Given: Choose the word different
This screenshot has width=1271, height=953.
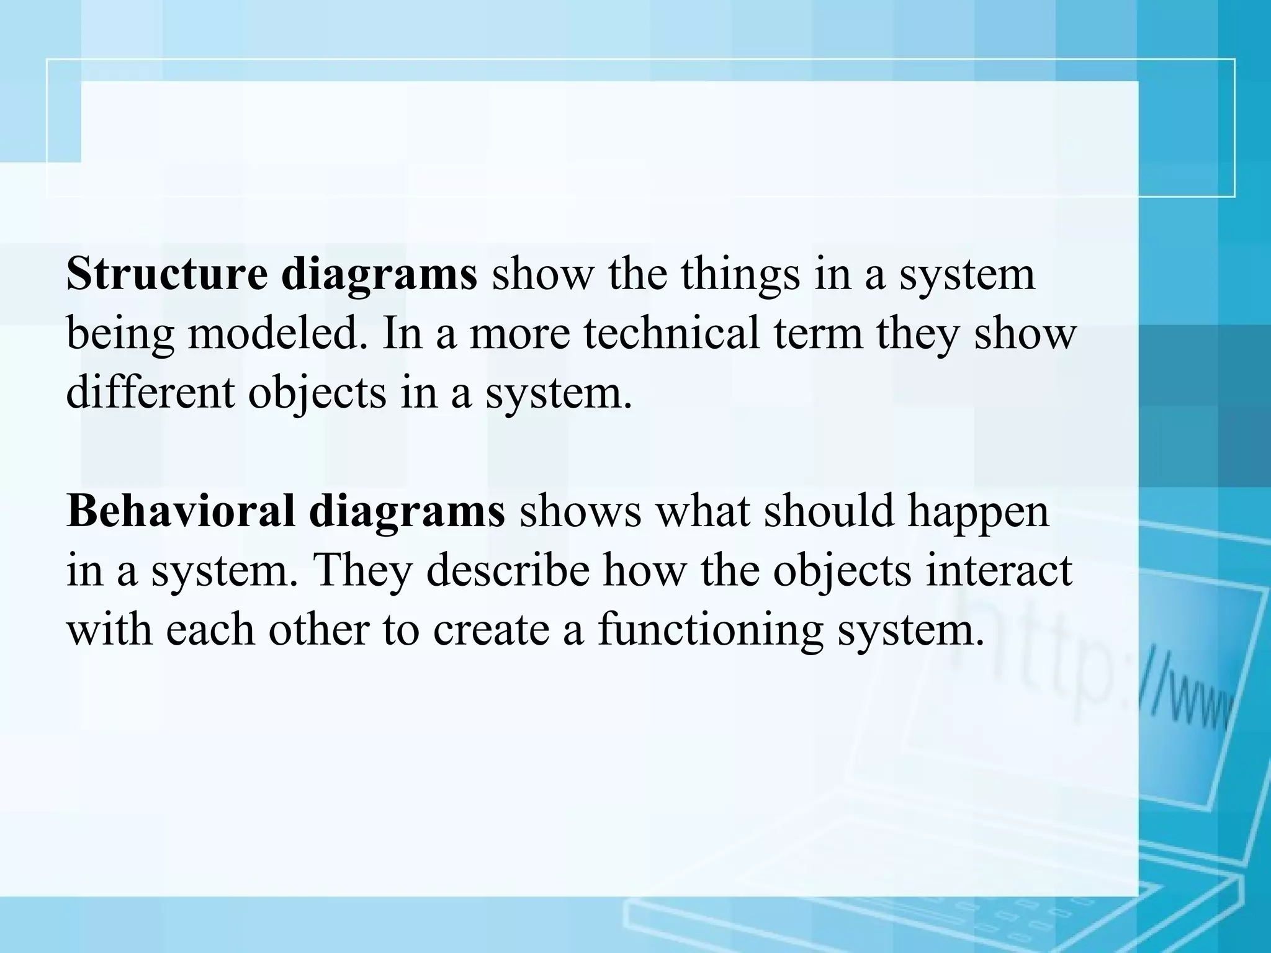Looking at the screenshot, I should [x=150, y=392].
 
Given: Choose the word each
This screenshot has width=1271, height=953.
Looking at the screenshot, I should [x=210, y=630].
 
